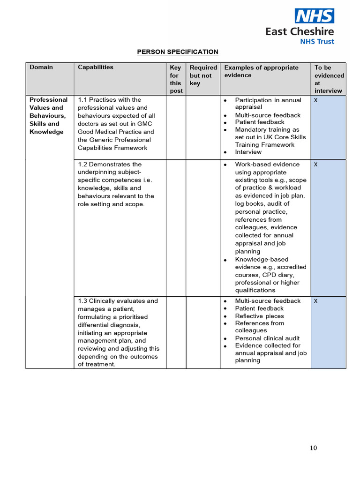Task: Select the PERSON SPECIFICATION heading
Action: coord(178,52)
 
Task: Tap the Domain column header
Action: coord(41,67)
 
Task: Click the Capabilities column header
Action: coord(96,67)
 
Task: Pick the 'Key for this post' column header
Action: coord(176,79)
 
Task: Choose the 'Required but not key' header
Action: coord(203,75)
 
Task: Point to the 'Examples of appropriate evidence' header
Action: coord(261,71)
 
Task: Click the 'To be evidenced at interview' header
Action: coord(329,79)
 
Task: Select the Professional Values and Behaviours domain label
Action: coord(48,115)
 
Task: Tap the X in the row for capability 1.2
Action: coord(315,165)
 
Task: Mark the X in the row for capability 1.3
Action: coord(315,301)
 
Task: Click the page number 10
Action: coord(313,448)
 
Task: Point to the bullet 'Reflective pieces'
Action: coord(259,316)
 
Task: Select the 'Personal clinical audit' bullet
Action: coord(267,338)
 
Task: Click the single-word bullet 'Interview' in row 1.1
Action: coord(248,152)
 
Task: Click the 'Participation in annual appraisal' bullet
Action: coord(268,103)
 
